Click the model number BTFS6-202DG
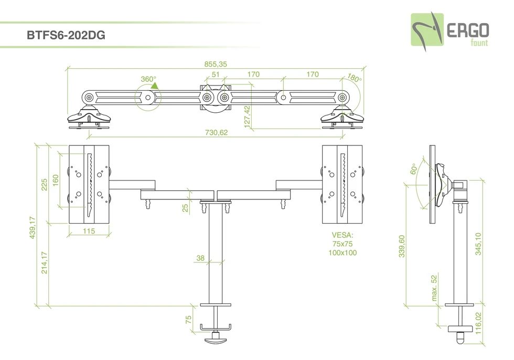66,36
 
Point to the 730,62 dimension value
216,133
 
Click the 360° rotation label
148,79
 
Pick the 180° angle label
355,79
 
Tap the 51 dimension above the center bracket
215,75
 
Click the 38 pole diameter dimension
200,258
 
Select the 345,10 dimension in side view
477,243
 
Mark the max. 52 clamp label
434,288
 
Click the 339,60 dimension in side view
402,246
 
